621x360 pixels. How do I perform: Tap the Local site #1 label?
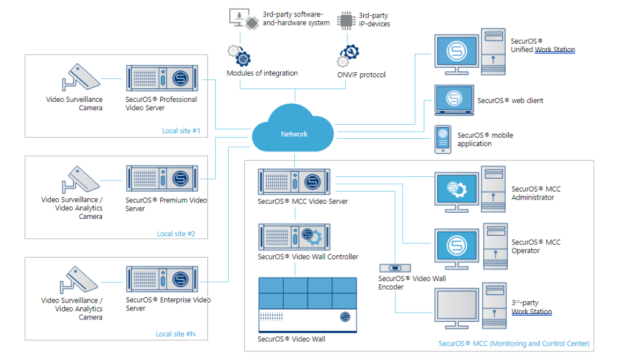click(x=181, y=131)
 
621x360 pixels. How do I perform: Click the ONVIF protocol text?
click(x=361, y=75)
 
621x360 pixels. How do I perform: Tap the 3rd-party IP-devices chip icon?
click(x=346, y=20)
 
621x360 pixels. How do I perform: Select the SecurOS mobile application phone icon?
click(x=443, y=139)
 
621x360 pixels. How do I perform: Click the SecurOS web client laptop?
click(x=452, y=100)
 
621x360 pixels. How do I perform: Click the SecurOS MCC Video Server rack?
click(x=295, y=181)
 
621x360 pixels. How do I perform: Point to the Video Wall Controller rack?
click(x=295, y=236)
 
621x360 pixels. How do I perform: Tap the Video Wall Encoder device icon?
click(x=395, y=267)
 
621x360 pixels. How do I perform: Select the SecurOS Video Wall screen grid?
click(x=307, y=294)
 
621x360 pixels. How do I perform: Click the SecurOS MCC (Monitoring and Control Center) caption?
click(x=514, y=344)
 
